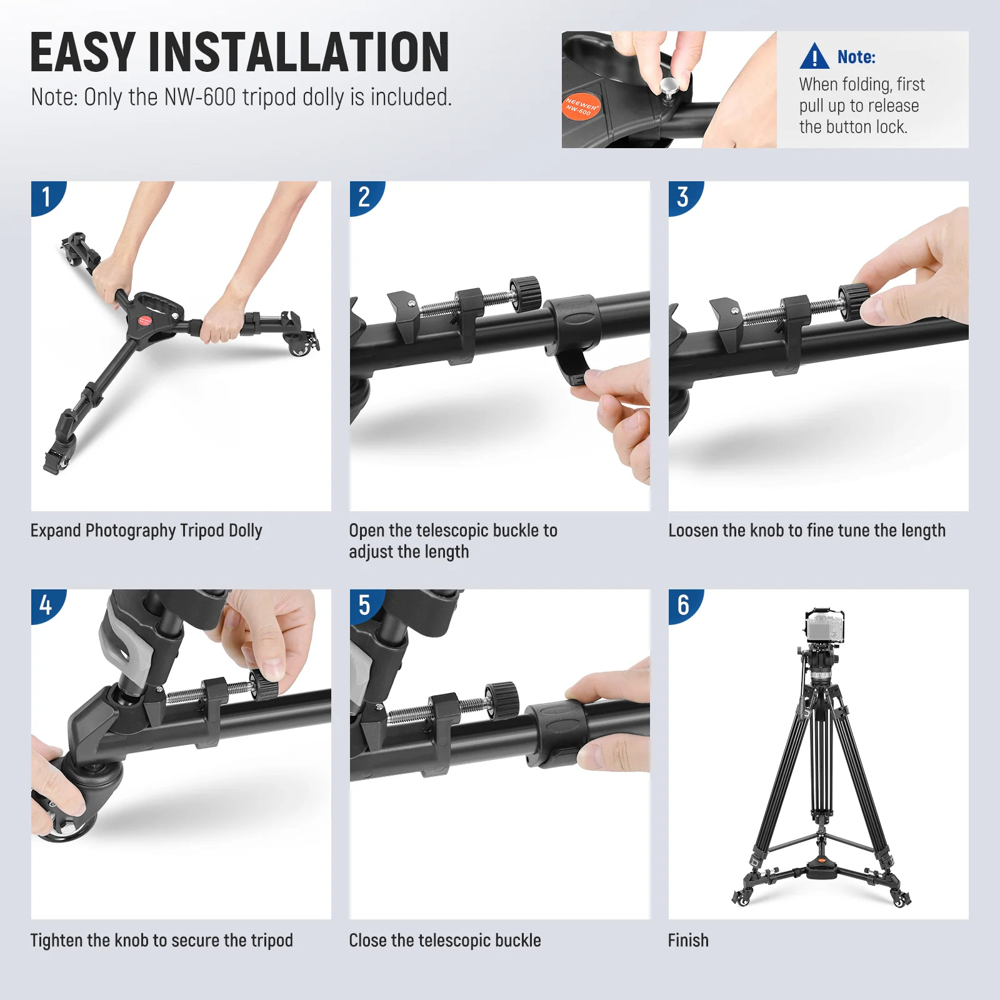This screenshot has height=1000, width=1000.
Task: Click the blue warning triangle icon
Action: pyautogui.click(x=814, y=56)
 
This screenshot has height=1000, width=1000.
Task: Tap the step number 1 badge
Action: pyautogui.click(x=46, y=197)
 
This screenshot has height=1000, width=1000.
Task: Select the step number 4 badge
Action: pyautogui.click(x=46, y=605)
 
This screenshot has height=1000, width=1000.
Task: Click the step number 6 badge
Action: pyautogui.click(x=683, y=605)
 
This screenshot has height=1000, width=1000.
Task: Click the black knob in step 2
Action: pyautogui.click(x=526, y=292)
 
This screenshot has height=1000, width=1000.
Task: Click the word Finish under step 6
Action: pyautogui.click(x=688, y=940)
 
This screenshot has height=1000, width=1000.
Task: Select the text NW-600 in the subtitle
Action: pyautogui.click(x=200, y=97)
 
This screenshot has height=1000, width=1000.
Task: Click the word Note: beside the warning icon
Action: pyautogui.click(x=856, y=57)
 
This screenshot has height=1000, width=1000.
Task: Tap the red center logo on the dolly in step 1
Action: pyautogui.click(x=144, y=321)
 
